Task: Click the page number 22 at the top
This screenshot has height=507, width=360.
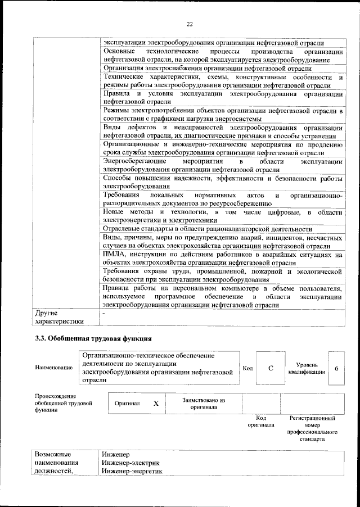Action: pos(190,23)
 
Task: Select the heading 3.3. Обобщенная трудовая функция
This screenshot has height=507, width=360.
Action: pos(93,338)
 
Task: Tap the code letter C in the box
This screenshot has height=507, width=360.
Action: pos(271,368)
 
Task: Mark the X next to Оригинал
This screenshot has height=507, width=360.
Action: pos(156,403)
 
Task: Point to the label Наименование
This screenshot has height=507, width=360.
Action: pos(53,368)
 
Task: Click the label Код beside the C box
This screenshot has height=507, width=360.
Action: pos(247,368)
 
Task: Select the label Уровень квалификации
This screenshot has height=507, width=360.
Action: pos(307,368)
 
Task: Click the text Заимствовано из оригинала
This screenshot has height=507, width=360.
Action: pos(203,403)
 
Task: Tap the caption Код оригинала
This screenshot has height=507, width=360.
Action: pos(261,421)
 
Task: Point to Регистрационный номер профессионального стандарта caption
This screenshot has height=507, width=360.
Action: pos(312,428)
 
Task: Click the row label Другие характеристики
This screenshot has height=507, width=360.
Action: pos(59,316)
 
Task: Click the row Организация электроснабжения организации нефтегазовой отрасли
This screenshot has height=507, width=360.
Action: pos(207,68)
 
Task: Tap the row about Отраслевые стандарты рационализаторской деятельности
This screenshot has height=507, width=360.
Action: pos(207,229)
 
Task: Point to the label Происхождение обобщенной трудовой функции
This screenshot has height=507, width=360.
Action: pos(62,403)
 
